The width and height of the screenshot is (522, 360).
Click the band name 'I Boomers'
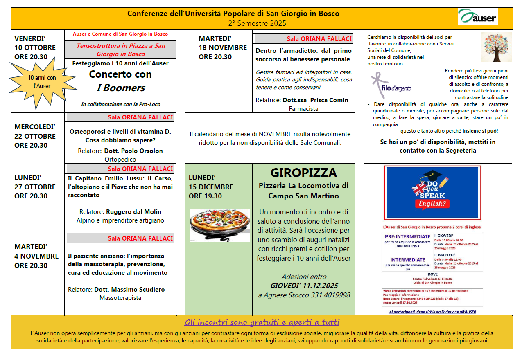click(x=120, y=88)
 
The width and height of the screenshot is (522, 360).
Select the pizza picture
click(x=219, y=225)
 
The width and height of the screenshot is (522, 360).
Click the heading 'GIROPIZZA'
click(x=303, y=173)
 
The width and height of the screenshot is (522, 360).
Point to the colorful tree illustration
click(x=496, y=47)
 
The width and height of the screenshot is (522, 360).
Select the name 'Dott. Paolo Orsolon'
click(x=133, y=151)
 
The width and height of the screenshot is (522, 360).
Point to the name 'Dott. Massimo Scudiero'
click(x=129, y=290)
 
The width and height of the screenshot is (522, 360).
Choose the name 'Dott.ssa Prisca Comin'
click(x=315, y=100)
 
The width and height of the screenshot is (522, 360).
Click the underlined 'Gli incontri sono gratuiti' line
click(x=262, y=322)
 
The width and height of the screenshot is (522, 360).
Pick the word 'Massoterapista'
click(x=120, y=298)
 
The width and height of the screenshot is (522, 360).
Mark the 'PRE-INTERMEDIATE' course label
click(x=407, y=236)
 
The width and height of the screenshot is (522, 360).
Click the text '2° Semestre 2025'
click(x=257, y=23)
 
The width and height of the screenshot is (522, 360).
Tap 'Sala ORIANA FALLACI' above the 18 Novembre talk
click(x=319, y=39)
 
